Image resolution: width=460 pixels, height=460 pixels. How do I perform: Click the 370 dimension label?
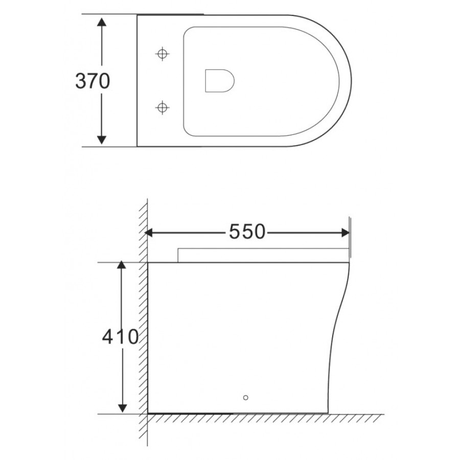pyautogui.click(x=93, y=81)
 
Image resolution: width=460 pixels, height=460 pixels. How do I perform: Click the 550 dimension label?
pyautogui.click(x=247, y=232)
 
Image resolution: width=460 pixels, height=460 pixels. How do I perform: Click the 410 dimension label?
pyautogui.click(x=120, y=336)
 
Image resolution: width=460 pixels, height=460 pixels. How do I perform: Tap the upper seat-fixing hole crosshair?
pyautogui.click(x=162, y=54)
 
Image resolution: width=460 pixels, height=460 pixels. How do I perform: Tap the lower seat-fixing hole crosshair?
pyautogui.click(x=162, y=108)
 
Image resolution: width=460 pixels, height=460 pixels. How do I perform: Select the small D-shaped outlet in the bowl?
pyautogui.click(x=220, y=81)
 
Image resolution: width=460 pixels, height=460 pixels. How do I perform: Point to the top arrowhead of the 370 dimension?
pyautogui.click(x=102, y=22)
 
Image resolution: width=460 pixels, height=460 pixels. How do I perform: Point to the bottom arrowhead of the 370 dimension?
pyautogui.click(x=102, y=140)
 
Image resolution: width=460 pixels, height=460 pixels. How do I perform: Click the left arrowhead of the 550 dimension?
pyautogui.click(x=149, y=233)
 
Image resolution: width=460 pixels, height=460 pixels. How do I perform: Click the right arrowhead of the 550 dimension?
pyautogui.click(x=346, y=233)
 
